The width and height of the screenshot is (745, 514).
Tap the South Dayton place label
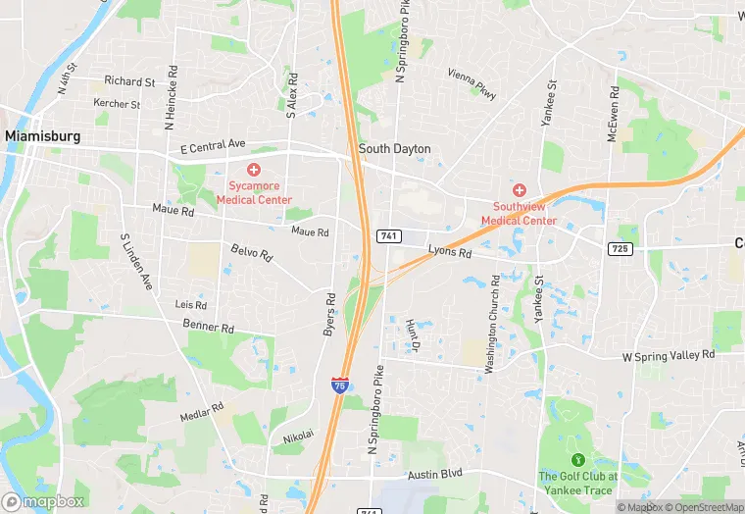point(394,149)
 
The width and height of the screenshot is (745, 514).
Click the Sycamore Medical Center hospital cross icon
point(254,171)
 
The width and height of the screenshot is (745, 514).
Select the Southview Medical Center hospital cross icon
point(520,189)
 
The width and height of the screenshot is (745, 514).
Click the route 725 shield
point(619,248)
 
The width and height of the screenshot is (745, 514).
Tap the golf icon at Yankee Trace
point(577,458)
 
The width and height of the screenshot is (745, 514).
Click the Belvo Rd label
point(251,253)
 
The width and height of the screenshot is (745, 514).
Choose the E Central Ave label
point(213,146)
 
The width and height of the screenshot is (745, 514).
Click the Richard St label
point(129,81)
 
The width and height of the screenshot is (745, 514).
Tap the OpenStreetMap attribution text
point(704,507)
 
